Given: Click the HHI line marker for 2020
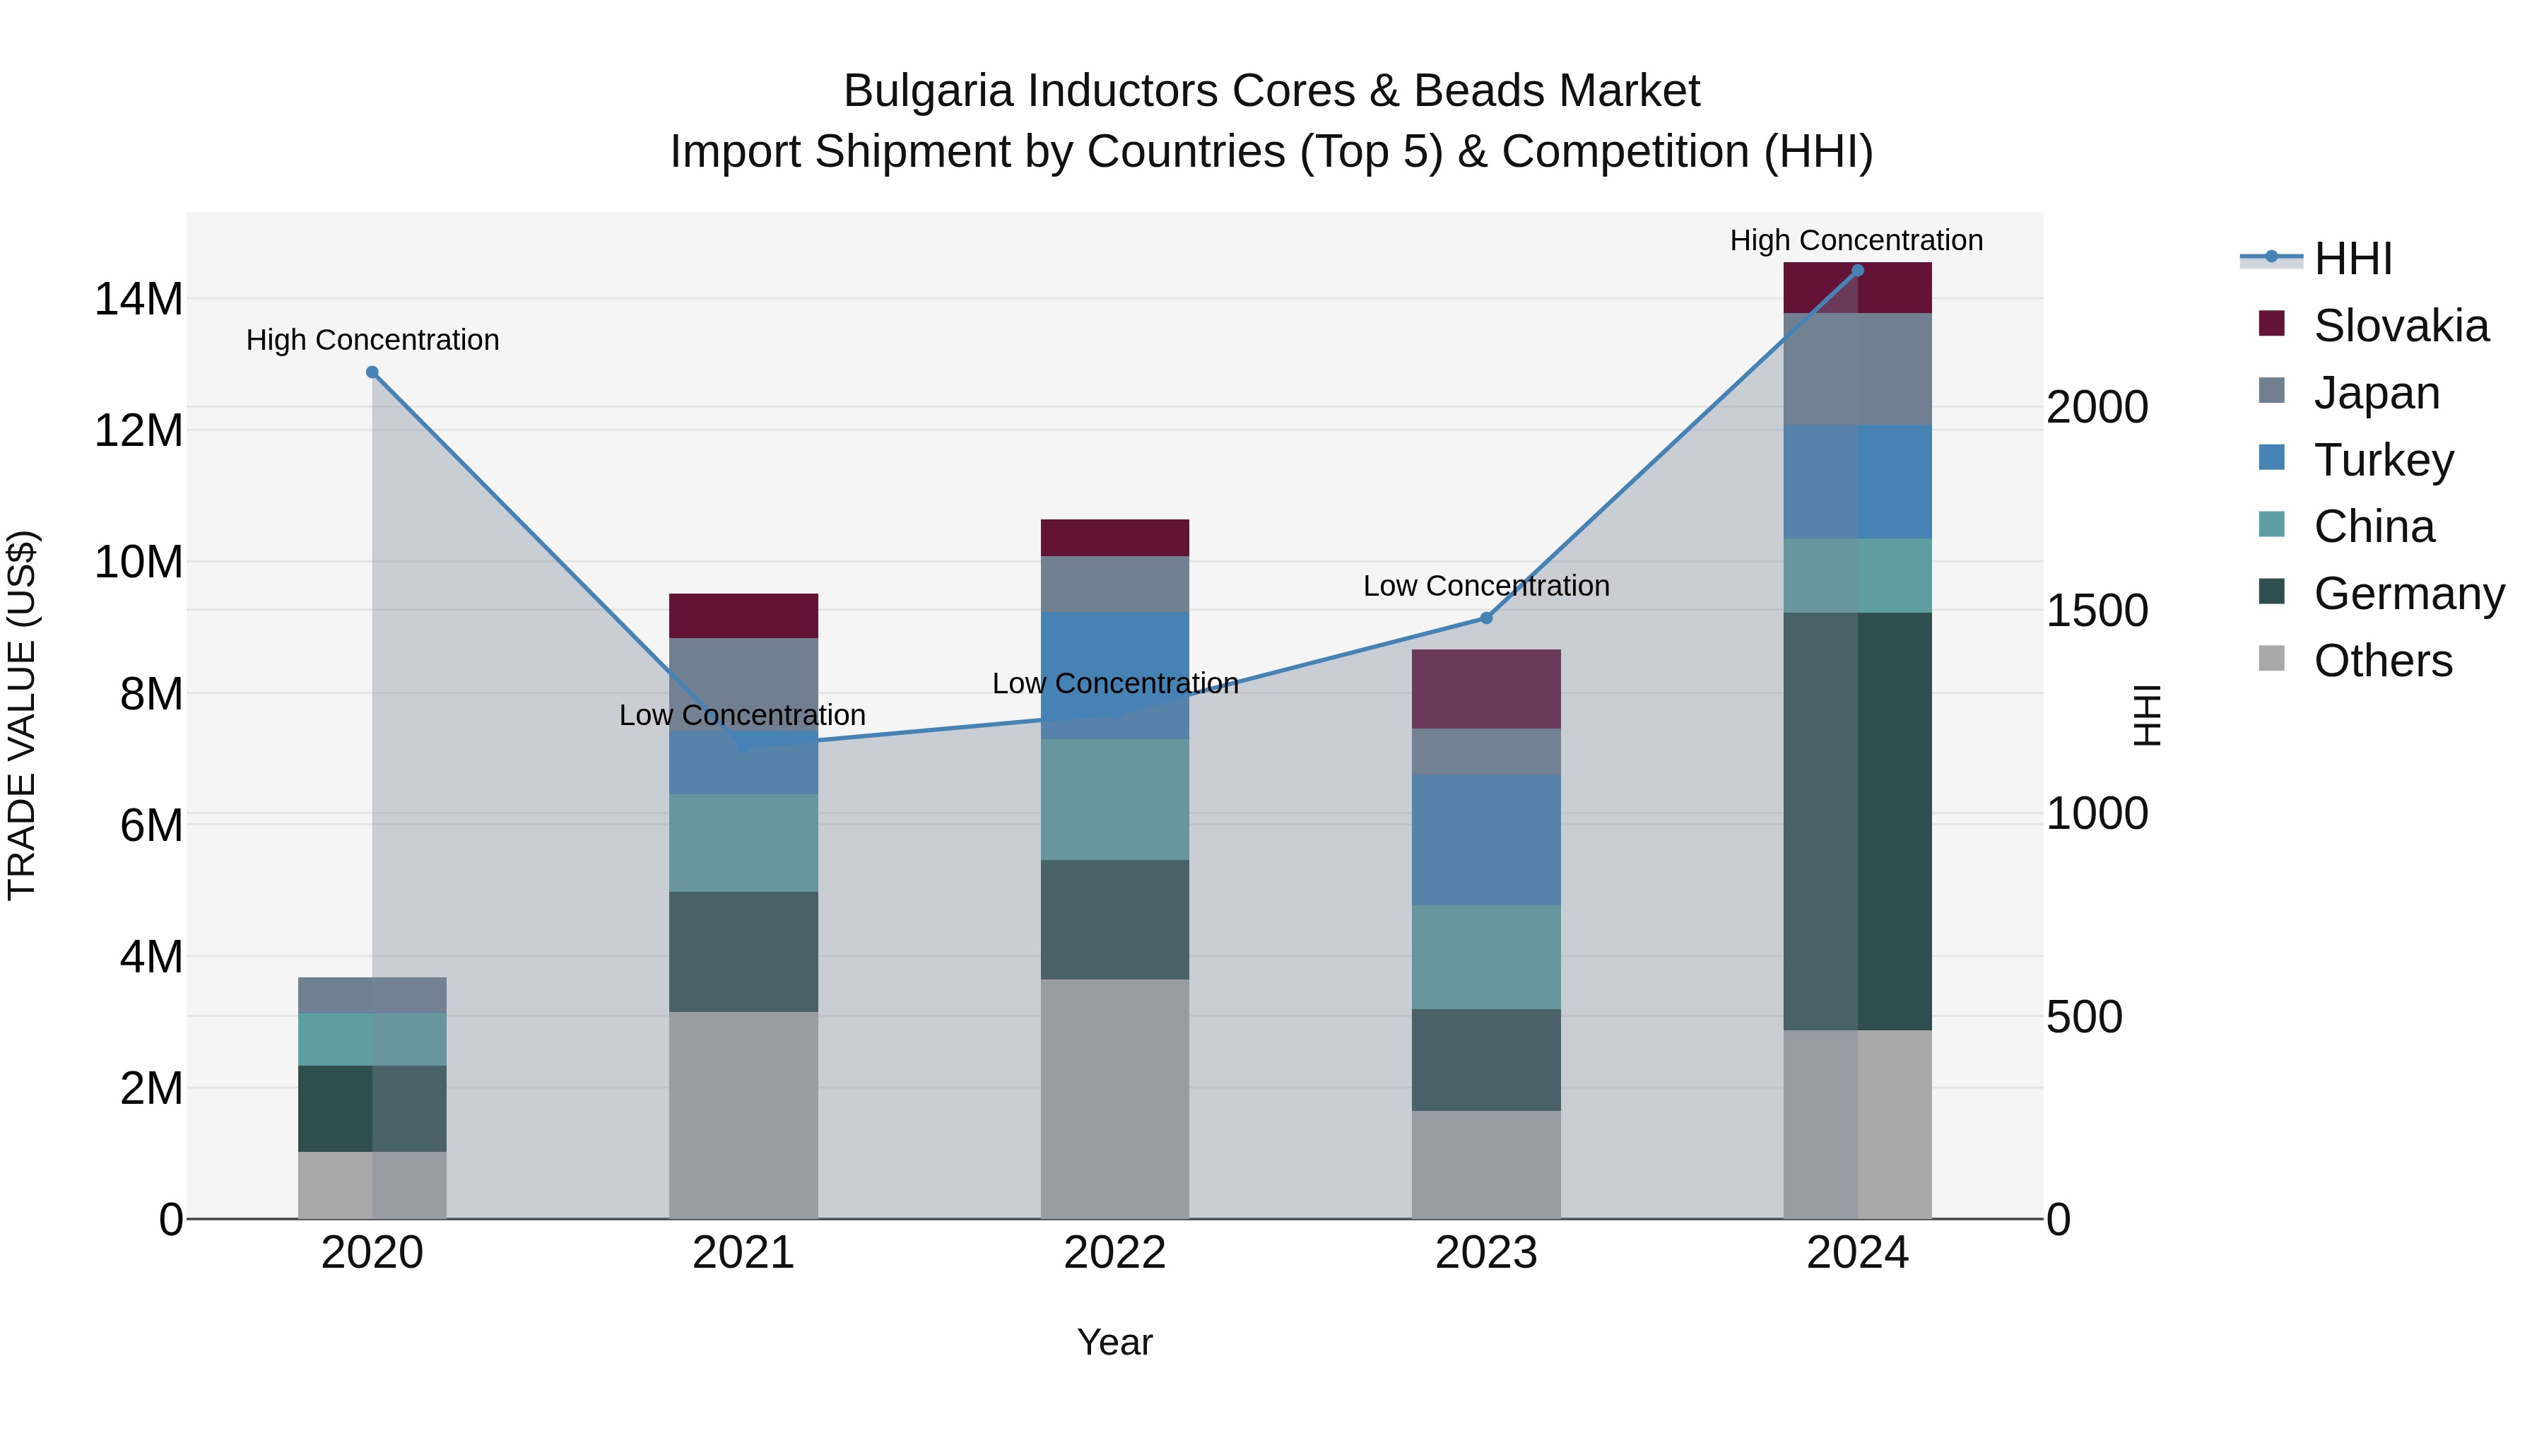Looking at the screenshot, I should click(372, 372).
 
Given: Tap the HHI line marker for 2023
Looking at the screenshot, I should click(1486, 618).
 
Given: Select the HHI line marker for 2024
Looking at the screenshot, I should click(1858, 271).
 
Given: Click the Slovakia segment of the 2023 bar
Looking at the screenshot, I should click(1486, 689).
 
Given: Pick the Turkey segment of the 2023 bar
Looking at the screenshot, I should click(1486, 840).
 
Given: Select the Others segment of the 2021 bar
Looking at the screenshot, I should click(743, 1115).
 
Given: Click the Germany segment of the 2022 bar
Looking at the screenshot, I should click(1115, 919).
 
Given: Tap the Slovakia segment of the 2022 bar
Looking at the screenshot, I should click(1115, 538).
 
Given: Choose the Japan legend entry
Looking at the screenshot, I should click(2376, 393).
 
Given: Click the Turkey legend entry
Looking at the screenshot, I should click(2383, 460).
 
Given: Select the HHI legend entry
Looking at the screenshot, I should click(2352, 259).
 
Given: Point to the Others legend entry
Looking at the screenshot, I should click(2382, 661).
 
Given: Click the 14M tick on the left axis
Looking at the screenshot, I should click(139, 299).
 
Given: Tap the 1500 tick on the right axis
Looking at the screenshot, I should click(2097, 611).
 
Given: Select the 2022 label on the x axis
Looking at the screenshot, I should click(1115, 1253).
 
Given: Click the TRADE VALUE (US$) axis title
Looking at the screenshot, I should click(22, 715).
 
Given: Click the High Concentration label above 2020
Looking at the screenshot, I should click(372, 340).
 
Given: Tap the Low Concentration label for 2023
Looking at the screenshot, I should click(1486, 586).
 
